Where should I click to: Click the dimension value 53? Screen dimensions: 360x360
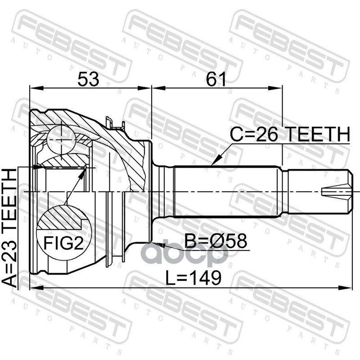(88, 79)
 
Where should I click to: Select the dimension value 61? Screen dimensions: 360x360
(216, 79)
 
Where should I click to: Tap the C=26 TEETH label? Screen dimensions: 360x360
(290, 134)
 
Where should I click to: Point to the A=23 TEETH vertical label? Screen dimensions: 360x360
(9, 227)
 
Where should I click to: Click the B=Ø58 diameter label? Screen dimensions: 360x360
(216, 241)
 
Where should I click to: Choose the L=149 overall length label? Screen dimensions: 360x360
(193, 278)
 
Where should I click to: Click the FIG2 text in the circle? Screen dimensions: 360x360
(63, 243)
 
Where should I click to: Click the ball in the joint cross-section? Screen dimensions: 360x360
(61, 140)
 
